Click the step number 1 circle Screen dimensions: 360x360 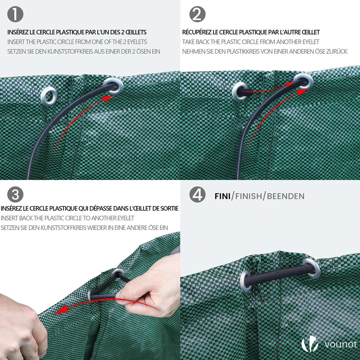coord(15,14)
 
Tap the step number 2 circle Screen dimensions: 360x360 coord(197,14)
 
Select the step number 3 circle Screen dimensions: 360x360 coord(15,194)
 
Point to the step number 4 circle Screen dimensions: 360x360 coord(197,194)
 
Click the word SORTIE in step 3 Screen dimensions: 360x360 coord(170,208)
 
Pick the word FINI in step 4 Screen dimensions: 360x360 coord(223,196)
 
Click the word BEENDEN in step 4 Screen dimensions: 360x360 coord(285,196)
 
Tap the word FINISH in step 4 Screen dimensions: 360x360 coord(249,196)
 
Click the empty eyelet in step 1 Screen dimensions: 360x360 coord(49,96)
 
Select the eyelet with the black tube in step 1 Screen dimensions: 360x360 coord(113,86)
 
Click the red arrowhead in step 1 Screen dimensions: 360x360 coord(108,98)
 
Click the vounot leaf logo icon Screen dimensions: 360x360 coord(310,344)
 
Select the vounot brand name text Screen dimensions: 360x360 coord(341,345)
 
